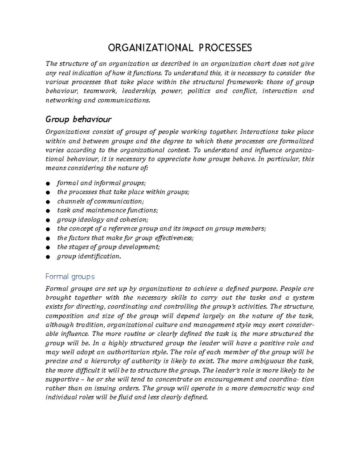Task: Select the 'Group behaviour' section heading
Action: click(x=78, y=120)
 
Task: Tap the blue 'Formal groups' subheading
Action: click(x=70, y=277)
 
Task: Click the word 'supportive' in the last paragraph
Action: click(x=62, y=380)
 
